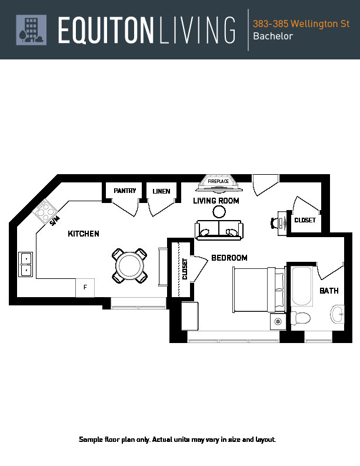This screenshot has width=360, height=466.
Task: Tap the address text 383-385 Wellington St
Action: point(301,24)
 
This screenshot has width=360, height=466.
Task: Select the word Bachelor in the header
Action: point(272,36)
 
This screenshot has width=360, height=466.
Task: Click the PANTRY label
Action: point(125,191)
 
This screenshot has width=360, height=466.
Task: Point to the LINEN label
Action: point(161,191)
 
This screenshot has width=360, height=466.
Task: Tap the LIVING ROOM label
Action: point(216,201)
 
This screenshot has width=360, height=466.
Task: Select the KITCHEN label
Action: point(84,234)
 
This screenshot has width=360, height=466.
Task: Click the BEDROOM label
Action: point(229,258)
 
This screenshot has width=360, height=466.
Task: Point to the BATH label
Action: point(329,291)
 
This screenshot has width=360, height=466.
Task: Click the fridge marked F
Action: point(85,288)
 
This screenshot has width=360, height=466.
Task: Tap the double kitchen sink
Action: point(26,264)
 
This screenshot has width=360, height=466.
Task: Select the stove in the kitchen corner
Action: point(46,211)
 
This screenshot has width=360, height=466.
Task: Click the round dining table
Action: point(129,265)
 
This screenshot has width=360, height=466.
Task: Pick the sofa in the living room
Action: point(219,229)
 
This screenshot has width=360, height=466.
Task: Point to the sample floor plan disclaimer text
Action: point(177,440)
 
